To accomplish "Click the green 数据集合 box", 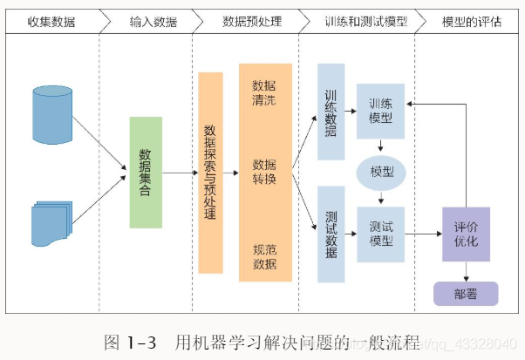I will point(145,172).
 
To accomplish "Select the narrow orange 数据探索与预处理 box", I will point(210,172).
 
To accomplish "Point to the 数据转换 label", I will point(265,172).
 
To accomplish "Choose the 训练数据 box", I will point(331,111).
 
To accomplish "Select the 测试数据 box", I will point(331,234).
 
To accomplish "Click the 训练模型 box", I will point(380,111).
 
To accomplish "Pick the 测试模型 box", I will point(380,234).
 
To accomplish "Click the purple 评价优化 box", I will point(466,234).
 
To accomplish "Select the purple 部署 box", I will point(466,294).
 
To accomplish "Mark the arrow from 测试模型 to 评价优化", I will point(423,234).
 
